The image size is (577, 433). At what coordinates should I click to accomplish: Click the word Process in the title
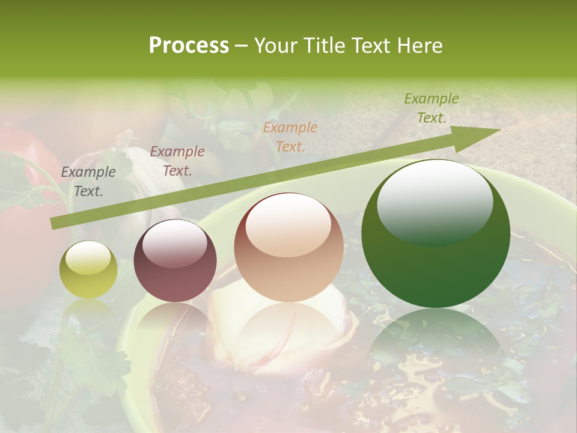point(189,46)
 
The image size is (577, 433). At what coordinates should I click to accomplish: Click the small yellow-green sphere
point(88,270)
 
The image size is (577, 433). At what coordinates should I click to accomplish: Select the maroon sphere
point(175,261)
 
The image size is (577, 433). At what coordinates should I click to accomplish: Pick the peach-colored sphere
point(289,248)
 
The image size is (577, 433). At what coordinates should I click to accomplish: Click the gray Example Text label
point(88,182)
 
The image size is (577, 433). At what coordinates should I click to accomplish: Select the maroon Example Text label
point(177,161)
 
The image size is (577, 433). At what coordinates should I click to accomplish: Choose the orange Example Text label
point(290,137)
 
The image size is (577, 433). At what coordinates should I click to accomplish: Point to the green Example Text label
point(432,108)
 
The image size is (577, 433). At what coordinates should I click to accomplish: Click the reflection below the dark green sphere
point(436,343)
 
